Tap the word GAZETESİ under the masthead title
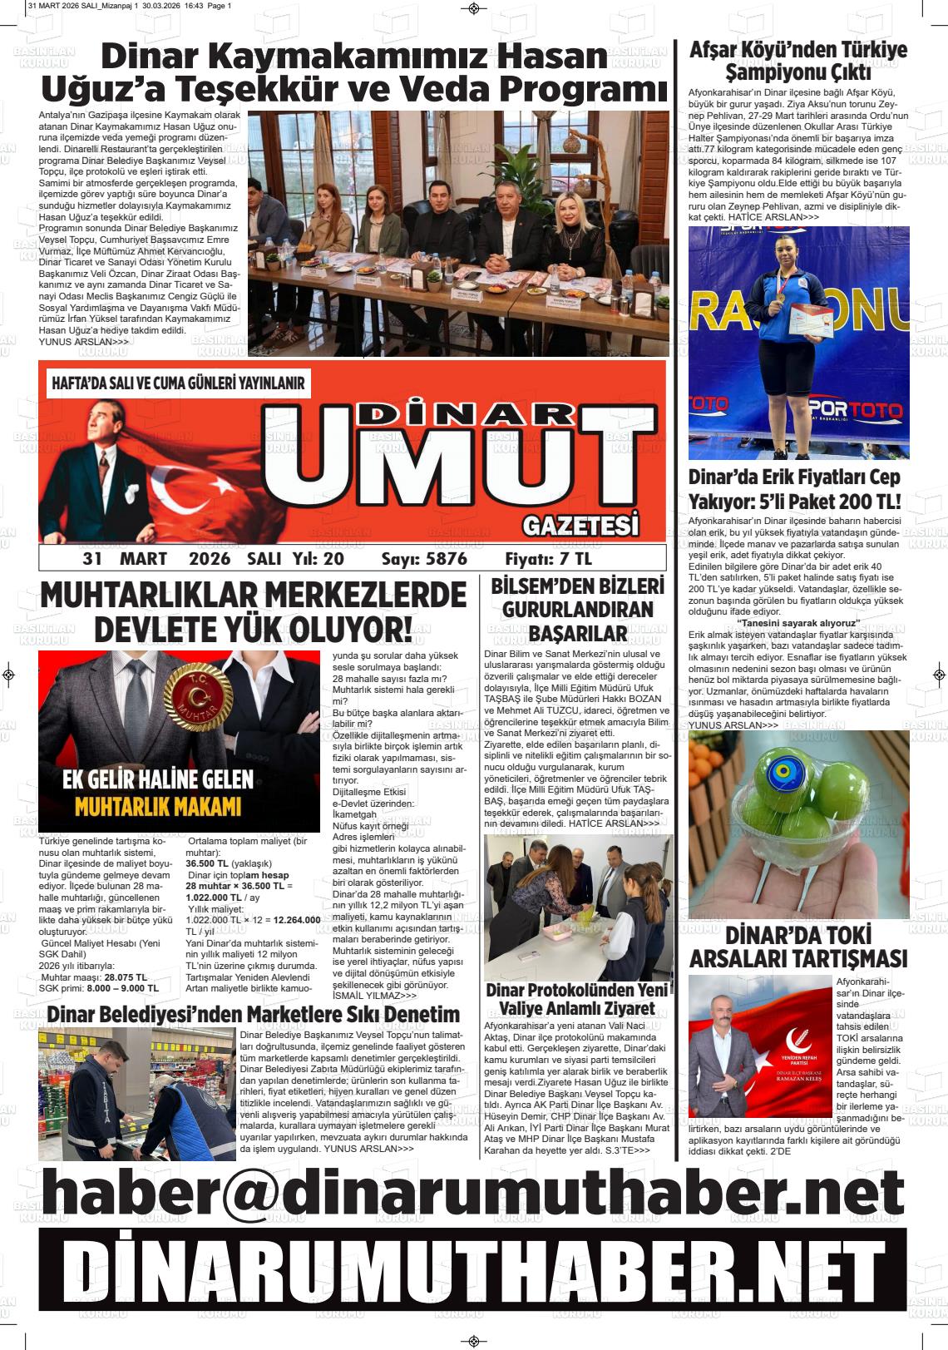click(581, 526)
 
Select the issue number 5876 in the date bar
click(446, 559)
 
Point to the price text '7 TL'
click(575, 559)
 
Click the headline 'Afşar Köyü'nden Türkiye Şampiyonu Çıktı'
click(798, 60)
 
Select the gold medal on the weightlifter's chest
click(779, 297)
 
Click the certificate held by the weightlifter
click(812, 321)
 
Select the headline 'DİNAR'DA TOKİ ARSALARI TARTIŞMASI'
click(798, 945)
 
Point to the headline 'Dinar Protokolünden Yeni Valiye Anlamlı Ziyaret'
click(577, 999)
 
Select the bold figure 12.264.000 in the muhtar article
click(297, 920)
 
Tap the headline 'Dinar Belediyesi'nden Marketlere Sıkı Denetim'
click(254, 1015)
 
